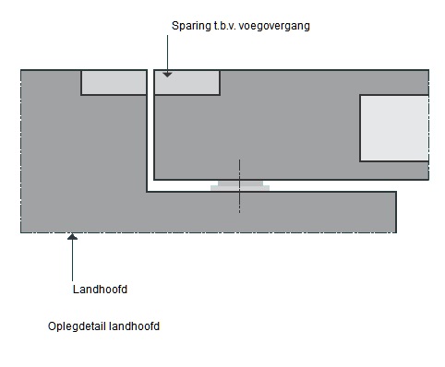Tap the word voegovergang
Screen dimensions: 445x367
[274, 26]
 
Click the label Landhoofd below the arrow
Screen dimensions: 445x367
[100, 290]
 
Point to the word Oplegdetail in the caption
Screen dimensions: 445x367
[77, 326]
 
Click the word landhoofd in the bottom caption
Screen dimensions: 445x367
[134, 326]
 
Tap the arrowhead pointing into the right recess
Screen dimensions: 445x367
[167, 75]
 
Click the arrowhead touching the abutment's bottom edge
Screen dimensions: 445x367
[72, 236]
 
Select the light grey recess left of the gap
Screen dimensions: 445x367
[114, 82]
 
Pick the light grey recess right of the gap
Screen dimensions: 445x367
[186, 82]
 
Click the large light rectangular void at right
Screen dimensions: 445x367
[394, 128]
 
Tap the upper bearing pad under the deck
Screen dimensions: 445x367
[240, 183]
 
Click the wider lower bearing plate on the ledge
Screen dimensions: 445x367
[240, 188]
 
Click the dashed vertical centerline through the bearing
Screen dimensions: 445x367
[239, 186]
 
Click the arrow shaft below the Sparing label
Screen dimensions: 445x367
[167, 54]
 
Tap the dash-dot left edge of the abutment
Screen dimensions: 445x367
[21, 151]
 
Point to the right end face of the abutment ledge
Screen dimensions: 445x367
[396, 212]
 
